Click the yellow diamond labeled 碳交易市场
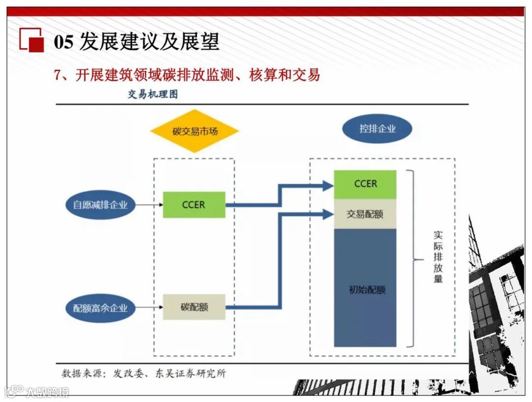click(x=195, y=131)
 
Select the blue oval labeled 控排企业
click(x=377, y=129)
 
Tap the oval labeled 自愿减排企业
click(x=100, y=204)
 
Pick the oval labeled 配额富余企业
click(x=100, y=308)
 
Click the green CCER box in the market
click(x=194, y=204)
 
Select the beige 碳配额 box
click(x=194, y=307)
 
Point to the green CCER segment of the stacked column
click(x=365, y=184)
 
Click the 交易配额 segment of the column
click(x=365, y=214)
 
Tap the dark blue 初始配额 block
click(x=365, y=288)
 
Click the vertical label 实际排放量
click(x=438, y=257)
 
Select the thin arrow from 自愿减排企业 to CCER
click(x=149, y=204)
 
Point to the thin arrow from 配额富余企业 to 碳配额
click(x=149, y=307)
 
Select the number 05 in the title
click(x=64, y=42)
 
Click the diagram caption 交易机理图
click(x=153, y=95)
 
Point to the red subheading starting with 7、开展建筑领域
click(x=187, y=75)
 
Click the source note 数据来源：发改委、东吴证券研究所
click(x=144, y=373)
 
